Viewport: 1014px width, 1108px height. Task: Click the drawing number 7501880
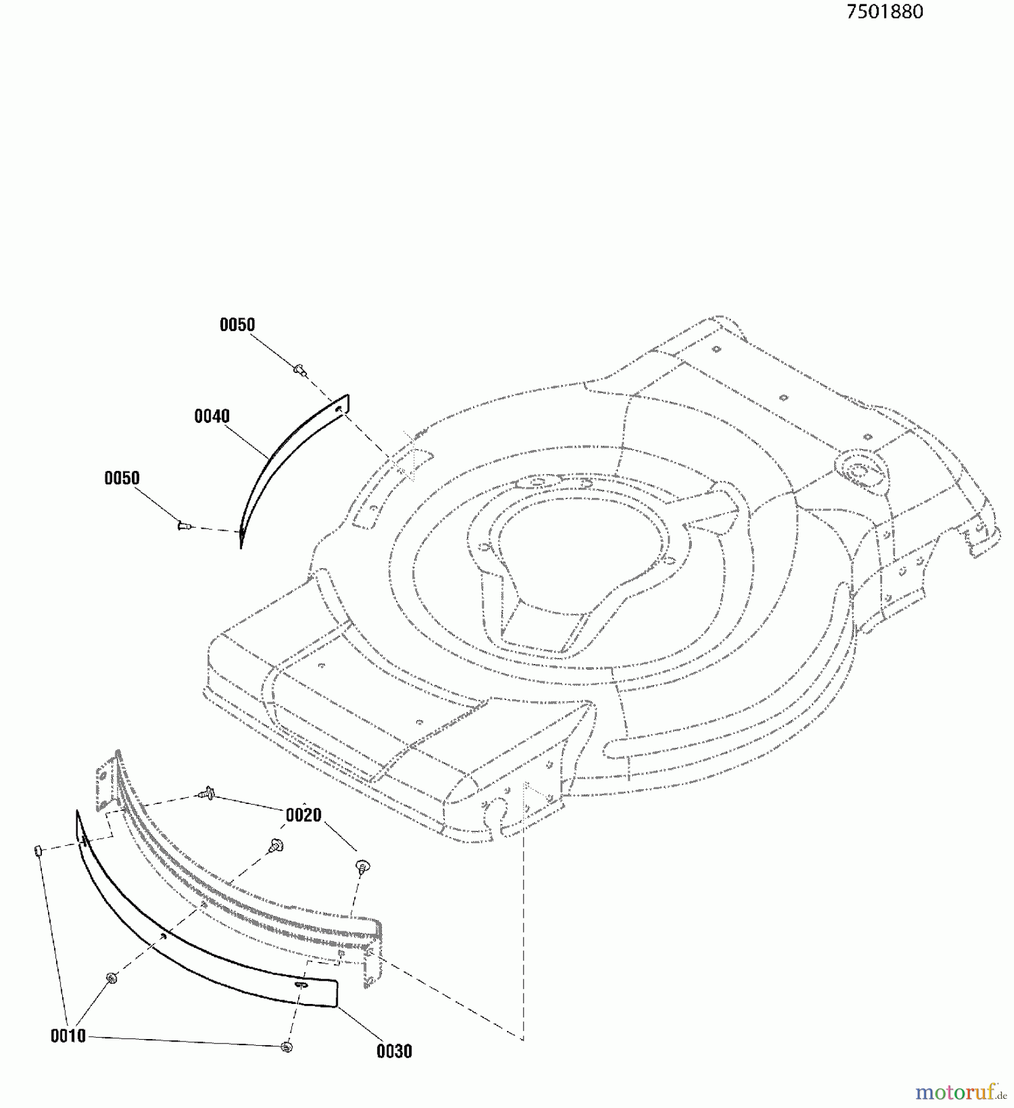coord(885,12)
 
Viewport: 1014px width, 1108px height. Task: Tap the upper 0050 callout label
coord(237,325)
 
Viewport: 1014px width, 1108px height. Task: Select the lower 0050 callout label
coord(122,478)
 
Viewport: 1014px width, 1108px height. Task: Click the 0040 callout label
coord(212,417)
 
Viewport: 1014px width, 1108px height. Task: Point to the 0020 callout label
coord(304,815)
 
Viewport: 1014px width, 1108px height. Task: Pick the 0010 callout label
coord(68,1036)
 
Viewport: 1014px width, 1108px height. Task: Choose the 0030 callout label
coord(394,1051)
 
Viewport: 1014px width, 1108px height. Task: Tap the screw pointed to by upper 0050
coord(300,369)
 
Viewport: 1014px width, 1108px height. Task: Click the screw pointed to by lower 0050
coord(183,525)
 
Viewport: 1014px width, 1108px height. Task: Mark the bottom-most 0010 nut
coord(286,1046)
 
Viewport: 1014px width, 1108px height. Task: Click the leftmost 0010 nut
coord(36,850)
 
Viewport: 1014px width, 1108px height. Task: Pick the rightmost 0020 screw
coord(362,867)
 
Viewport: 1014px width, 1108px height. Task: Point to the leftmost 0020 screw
coord(206,795)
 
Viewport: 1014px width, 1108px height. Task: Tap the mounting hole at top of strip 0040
coord(339,407)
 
